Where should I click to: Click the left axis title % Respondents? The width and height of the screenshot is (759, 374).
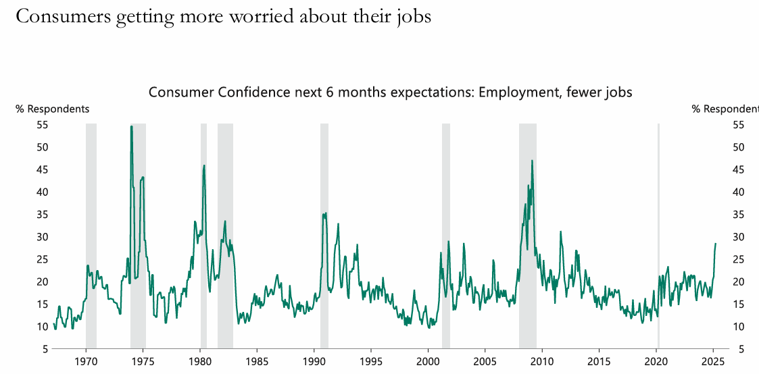pyautogui.click(x=53, y=109)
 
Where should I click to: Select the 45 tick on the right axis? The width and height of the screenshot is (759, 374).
pyautogui.click(x=739, y=169)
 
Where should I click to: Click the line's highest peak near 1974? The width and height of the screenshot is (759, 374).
pyautogui.click(x=131, y=127)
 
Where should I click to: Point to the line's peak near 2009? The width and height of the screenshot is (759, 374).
pyautogui.click(x=532, y=161)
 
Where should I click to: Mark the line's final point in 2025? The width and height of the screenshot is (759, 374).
pyautogui.click(x=715, y=244)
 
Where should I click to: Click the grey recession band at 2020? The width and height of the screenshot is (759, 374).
pyautogui.click(x=658, y=236)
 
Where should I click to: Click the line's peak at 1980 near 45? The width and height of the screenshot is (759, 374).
pyautogui.click(x=204, y=165)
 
